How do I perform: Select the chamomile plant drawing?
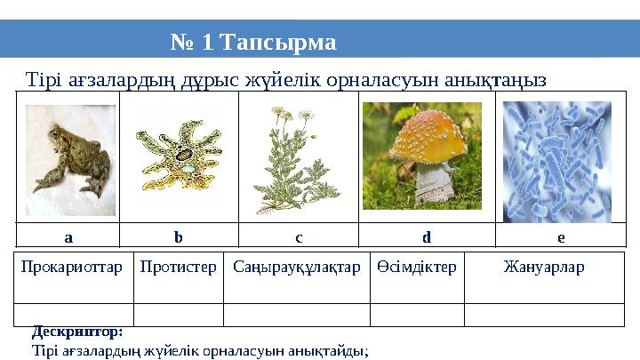click(x=297, y=160)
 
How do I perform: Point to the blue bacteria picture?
click(x=557, y=160)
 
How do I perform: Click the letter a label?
click(x=68, y=237)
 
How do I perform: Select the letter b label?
click(x=178, y=237)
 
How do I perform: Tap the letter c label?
click(x=299, y=237)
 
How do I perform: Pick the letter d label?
click(x=427, y=237)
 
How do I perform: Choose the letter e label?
click(x=560, y=237)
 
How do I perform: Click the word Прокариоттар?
click(x=73, y=267)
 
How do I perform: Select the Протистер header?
click(x=179, y=267)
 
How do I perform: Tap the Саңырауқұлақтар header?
click(x=296, y=267)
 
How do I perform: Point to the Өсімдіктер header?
click(x=416, y=267)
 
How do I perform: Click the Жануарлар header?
click(x=544, y=267)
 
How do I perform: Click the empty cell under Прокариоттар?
click(x=74, y=315)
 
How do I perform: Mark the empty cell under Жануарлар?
click(x=544, y=315)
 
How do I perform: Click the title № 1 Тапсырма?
click(x=253, y=42)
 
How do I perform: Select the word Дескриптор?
click(x=76, y=332)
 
